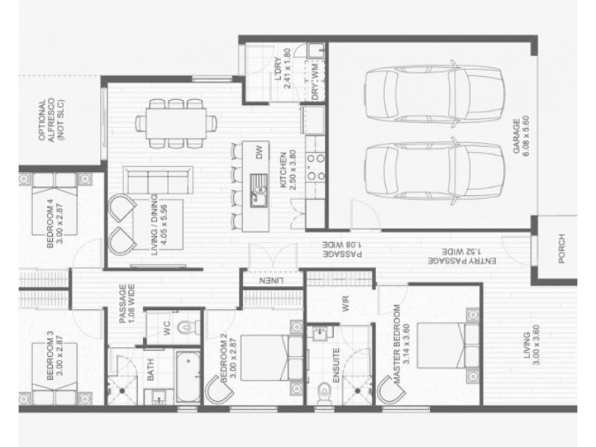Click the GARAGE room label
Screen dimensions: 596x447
tap(516, 136)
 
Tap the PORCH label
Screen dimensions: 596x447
tap(562, 249)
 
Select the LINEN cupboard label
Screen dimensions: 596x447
tap(271, 281)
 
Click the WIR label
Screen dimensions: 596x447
tap(345, 304)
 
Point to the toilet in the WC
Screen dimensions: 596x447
tap(188, 326)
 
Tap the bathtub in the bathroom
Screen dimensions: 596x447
tap(188, 376)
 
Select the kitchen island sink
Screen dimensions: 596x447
tap(259, 191)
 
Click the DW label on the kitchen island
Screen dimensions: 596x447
tap(259, 152)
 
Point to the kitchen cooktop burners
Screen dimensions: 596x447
tap(316, 166)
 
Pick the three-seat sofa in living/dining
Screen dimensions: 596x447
tap(158, 180)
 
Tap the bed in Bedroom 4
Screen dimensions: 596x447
tap(54, 203)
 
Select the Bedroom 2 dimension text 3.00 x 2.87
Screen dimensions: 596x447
tap(233, 358)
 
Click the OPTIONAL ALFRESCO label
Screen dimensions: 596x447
tap(47, 120)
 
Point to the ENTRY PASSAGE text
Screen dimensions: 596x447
tap(462, 261)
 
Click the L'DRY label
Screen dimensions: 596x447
tap(278, 69)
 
